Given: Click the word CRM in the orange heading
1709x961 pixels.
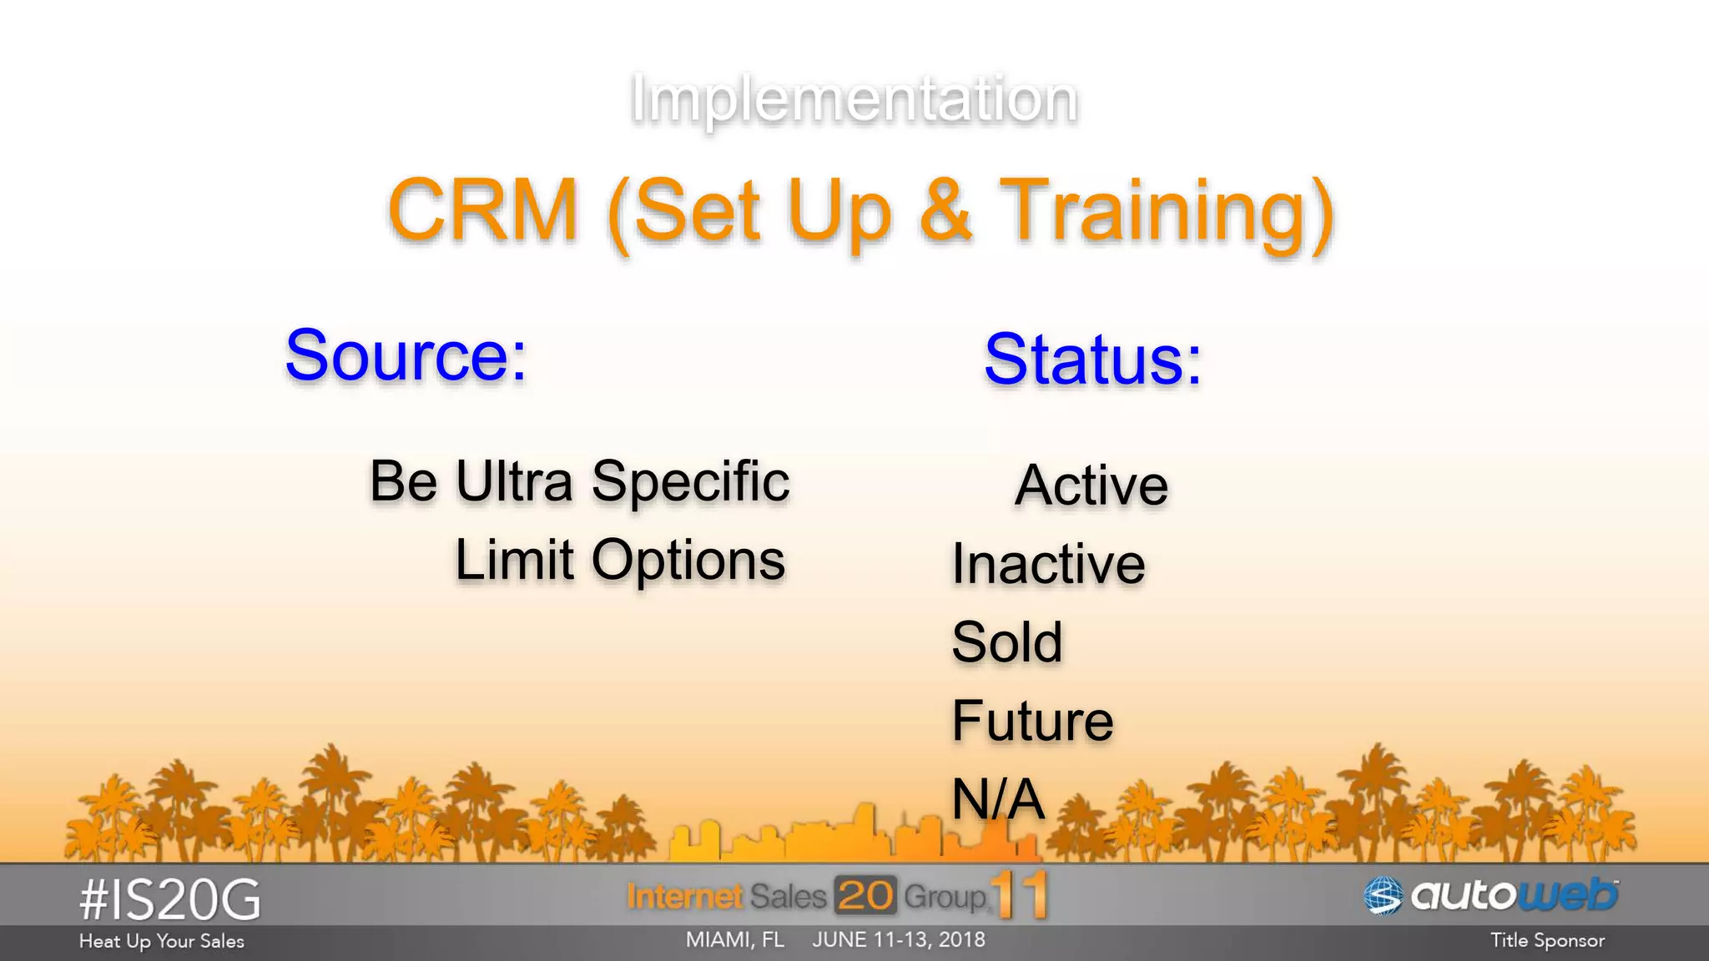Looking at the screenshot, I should pos(483,211).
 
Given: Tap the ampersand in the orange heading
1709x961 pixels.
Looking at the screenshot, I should pos(945,211).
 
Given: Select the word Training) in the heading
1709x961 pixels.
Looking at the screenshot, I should pos(1167,213).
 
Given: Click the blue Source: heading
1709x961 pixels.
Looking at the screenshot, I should pos(406,356).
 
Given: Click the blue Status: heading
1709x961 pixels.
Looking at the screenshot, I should pos(1092,360).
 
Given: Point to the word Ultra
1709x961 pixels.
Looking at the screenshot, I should pos(514,482).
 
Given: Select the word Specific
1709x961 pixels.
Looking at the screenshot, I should pos(690,482).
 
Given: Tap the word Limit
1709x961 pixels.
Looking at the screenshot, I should pos(514,560).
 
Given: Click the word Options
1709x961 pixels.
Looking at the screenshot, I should pos(688,561).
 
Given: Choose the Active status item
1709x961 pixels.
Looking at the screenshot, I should pos(1091,486).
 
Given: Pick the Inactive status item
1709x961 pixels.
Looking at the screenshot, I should pos(1048,564).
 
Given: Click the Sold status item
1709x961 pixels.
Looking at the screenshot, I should pos(1007,642).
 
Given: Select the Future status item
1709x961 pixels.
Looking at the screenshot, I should pos(1032,721).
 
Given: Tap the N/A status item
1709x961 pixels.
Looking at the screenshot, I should pos(998,799).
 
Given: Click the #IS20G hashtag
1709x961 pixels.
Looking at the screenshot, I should pos(170,901).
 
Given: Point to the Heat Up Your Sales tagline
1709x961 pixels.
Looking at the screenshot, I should pos(162,942).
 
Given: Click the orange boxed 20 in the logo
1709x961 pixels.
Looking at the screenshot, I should pos(865,896).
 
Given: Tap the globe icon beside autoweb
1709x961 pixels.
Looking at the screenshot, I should pos(1383,897).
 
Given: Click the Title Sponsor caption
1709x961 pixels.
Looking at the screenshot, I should pos(1547,941).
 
